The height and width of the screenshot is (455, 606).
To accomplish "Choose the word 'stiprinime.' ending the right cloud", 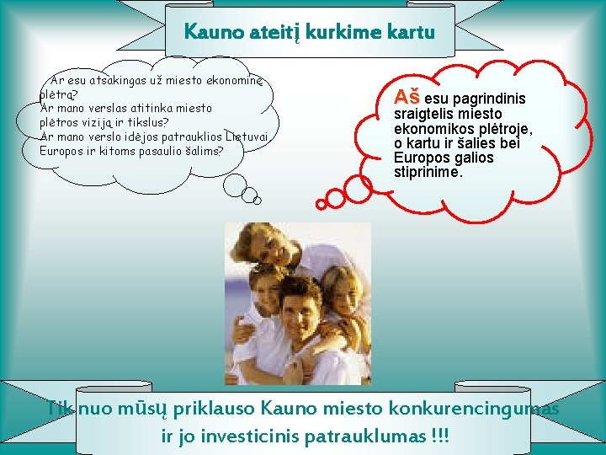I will pos(428,173).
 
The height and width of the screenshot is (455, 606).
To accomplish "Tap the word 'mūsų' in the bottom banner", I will pos(149,409).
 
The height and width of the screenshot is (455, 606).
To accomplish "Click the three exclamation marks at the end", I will pos(439,437).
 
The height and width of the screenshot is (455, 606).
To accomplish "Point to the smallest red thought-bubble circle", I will pos(320,204).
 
